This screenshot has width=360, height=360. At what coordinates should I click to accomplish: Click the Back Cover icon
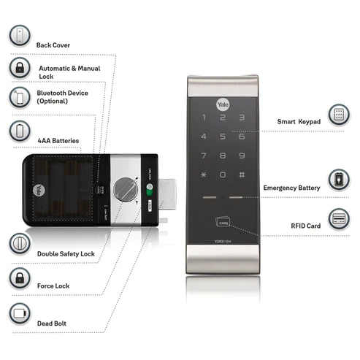18,36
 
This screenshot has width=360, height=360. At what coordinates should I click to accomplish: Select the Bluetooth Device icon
18,99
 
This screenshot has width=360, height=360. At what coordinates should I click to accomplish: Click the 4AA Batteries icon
18,131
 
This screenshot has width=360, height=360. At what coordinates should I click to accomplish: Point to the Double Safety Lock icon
18,244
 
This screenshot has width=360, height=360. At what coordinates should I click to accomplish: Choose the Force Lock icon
18,277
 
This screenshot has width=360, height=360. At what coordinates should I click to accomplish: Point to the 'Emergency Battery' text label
291,188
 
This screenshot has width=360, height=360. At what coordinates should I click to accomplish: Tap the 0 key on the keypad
222,175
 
